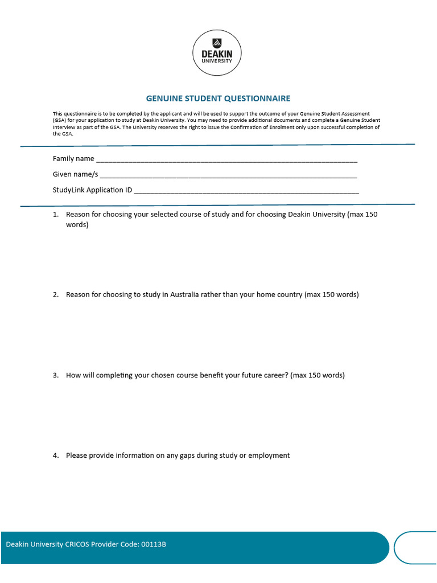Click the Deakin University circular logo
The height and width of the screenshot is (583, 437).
point(217,52)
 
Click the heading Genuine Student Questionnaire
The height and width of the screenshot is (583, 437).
point(218,98)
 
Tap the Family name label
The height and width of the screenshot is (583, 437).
point(73,158)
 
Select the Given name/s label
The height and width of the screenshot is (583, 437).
point(75,174)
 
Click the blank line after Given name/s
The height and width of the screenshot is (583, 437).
point(228,176)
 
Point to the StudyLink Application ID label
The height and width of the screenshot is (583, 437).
point(92,190)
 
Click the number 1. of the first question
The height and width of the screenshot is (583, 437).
point(56,215)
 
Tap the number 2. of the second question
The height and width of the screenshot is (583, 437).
point(56,295)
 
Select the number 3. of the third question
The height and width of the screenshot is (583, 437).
point(56,375)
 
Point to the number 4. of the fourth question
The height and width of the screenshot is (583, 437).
point(56,455)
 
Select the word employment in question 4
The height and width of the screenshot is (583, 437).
point(269,455)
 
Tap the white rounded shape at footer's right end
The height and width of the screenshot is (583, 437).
point(415,548)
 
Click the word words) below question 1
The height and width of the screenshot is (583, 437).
point(77,225)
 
